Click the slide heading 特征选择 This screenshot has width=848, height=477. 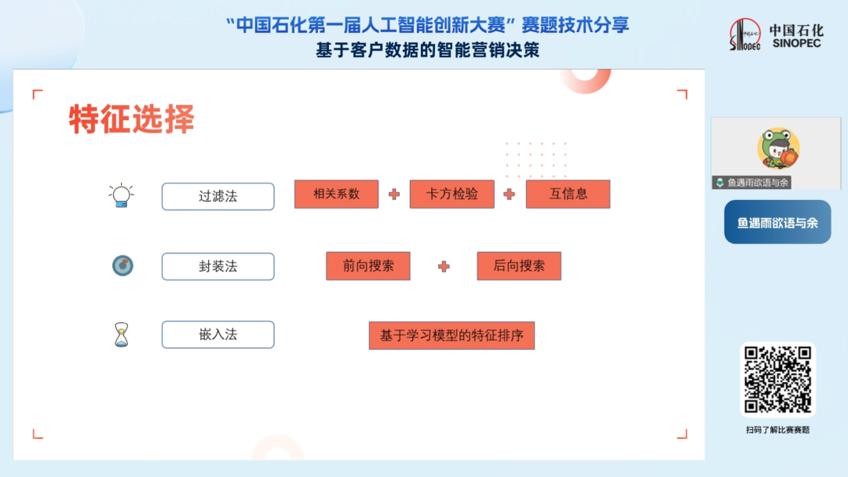click(131, 118)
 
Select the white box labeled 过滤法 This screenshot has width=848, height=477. click(218, 196)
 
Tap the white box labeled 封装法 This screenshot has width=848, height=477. click(218, 266)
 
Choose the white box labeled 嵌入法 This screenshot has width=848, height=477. click(218, 334)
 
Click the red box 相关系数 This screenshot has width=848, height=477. click(336, 194)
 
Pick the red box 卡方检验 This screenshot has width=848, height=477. click(452, 194)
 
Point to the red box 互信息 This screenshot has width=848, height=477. click(568, 194)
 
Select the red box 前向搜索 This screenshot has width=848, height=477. click(367, 266)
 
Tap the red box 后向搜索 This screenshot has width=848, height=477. click(519, 266)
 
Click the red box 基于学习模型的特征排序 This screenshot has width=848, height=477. click(451, 336)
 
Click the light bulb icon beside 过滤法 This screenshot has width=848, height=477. click(121, 195)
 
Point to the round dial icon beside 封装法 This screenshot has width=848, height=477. click(122, 265)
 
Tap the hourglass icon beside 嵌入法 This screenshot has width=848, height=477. click(122, 334)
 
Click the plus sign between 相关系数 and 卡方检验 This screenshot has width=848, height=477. click(394, 195)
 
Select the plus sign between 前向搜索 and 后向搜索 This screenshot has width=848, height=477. click(444, 266)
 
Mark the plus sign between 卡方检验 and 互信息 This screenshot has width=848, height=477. click(510, 195)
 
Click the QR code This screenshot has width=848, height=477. click(777, 380)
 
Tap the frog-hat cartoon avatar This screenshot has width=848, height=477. click(778, 149)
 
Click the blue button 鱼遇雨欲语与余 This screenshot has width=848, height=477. click(777, 222)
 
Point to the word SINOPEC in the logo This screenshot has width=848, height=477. click(797, 43)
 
